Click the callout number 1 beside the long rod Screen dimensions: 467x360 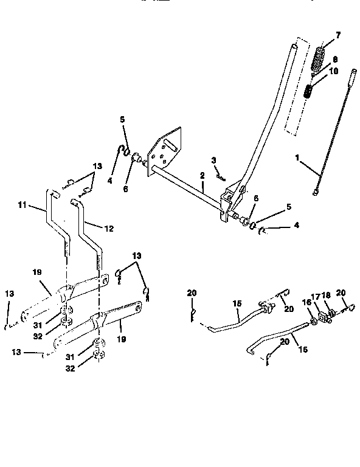pos(297,157)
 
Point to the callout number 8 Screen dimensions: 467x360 pos(334,60)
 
